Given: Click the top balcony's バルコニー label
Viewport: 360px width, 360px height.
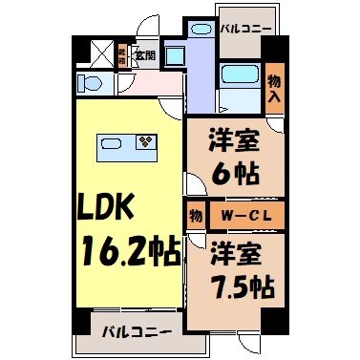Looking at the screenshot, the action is pyautogui.click(x=244, y=29).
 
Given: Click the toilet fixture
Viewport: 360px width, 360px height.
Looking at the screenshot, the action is pyautogui.click(x=89, y=81).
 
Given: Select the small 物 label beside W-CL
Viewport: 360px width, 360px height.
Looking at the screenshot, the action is pyautogui.click(x=193, y=215).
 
